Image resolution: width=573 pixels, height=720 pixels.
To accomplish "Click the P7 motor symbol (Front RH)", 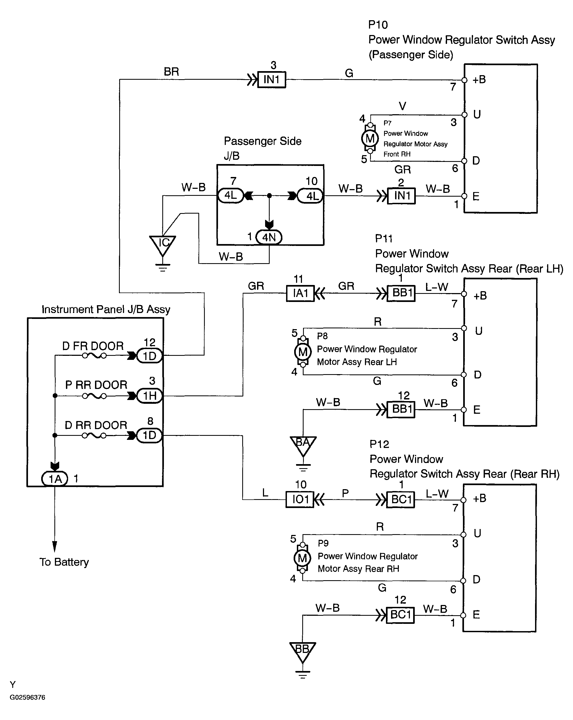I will tap(370, 138).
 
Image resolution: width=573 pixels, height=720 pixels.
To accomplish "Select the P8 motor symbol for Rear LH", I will tap(303, 352).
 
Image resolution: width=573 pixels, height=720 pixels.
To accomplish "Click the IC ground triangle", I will tap(163, 244).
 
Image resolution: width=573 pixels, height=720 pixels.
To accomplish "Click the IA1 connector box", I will tap(300, 293).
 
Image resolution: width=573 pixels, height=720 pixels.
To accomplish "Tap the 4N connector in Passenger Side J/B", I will tap(269, 237).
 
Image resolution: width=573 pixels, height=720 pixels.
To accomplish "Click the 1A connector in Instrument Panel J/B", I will tap(55, 479).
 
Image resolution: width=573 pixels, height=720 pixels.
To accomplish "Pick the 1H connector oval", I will tap(149, 396).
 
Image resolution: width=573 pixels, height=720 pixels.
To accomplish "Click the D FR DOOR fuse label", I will tap(93, 346).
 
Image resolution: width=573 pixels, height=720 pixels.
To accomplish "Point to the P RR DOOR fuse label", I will tap(96, 385).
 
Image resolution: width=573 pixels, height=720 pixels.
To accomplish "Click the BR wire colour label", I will tap(171, 71).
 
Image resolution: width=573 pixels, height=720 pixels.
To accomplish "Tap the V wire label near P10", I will tap(402, 106).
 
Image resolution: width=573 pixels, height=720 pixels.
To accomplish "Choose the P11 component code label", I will tap(384, 238).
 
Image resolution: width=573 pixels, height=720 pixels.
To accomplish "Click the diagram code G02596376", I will tap(27, 697).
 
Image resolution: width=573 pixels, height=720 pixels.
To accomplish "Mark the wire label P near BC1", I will tap(345, 493).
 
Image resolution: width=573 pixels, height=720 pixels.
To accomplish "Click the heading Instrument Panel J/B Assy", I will tap(106, 309).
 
